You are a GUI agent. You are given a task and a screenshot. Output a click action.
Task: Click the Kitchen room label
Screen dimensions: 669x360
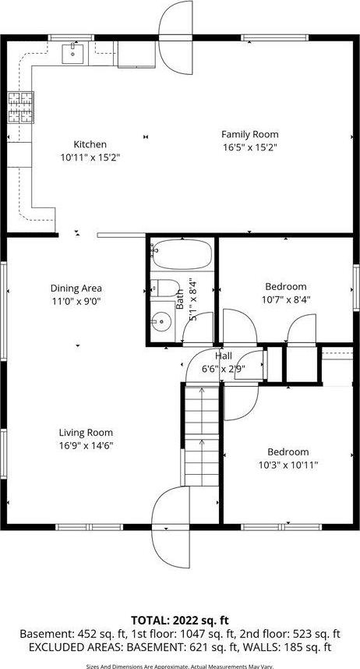pyautogui.click(x=90, y=144)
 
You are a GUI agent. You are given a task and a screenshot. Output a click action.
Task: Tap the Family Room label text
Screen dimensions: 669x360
pyautogui.click(x=249, y=134)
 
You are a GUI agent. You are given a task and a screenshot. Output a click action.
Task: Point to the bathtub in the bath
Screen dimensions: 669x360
pyautogui.click(x=180, y=254)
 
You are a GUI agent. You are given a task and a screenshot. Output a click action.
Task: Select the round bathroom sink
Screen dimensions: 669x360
pyautogui.click(x=162, y=320)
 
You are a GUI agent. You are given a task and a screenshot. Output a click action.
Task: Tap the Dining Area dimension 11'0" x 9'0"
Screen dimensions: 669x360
pyautogui.click(x=76, y=300)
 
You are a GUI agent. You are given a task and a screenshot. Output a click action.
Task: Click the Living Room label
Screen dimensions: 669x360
pyautogui.click(x=86, y=433)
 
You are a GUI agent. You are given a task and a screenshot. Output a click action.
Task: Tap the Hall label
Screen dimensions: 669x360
pyautogui.click(x=212, y=356)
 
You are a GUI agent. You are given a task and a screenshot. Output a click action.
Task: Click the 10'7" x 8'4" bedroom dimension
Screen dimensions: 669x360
pyautogui.click(x=285, y=299)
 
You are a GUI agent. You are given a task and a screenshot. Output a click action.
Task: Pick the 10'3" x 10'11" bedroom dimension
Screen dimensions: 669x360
pyautogui.click(x=288, y=464)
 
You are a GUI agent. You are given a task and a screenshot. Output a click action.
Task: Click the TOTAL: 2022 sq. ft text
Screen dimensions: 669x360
pyautogui.click(x=179, y=621)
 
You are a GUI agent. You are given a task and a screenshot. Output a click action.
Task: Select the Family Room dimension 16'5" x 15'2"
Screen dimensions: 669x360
pyautogui.click(x=249, y=147)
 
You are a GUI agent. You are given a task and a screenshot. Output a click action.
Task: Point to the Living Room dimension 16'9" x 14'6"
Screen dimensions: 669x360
pyautogui.click(x=86, y=445)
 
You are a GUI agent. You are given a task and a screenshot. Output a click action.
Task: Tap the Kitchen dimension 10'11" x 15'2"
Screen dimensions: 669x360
pyautogui.click(x=90, y=157)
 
